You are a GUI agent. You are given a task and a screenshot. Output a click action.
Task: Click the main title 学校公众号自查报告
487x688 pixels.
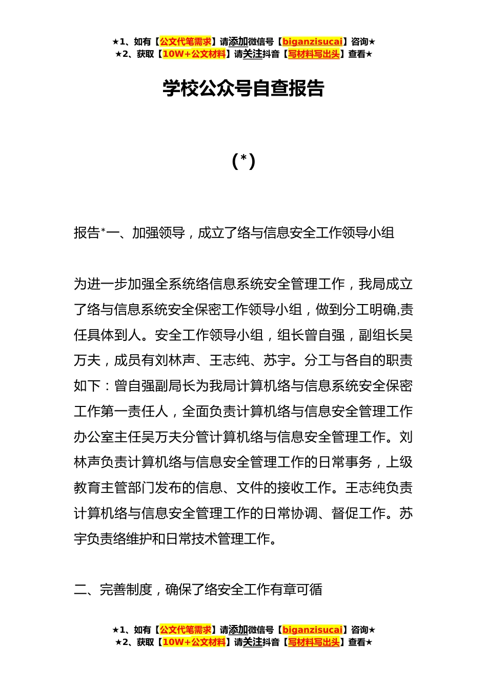click(x=243, y=88)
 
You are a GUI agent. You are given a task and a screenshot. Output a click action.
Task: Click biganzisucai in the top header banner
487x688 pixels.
click(x=312, y=41)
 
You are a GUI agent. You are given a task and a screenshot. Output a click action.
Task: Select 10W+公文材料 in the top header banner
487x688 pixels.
click(x=194, y=54)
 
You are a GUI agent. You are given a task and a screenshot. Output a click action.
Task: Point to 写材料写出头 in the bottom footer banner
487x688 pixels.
click(x=314, y=642)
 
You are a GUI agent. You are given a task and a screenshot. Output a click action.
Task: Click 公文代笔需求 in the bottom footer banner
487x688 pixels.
click(x=186, y=630)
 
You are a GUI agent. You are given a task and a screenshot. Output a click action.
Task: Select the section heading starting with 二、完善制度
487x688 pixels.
click(x=198, y=590)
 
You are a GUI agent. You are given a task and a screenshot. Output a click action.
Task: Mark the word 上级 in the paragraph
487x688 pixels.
click(x=399, y=462)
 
